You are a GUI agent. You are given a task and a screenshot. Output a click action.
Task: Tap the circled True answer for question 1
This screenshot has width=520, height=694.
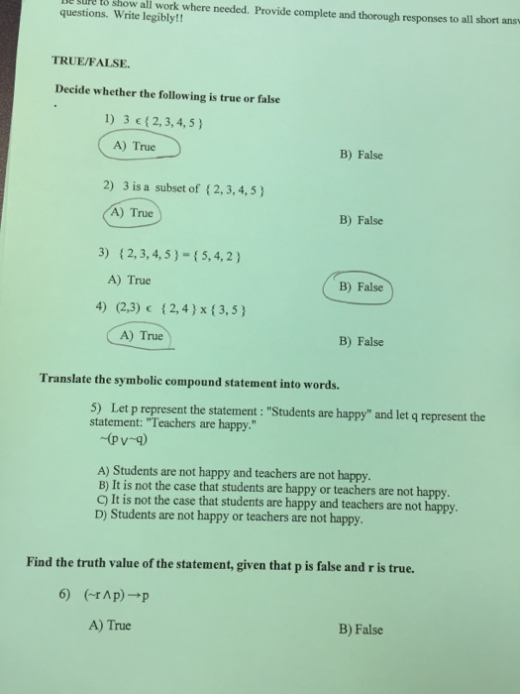click(137, 147)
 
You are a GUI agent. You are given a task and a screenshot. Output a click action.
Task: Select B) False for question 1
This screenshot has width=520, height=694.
click(361, 155)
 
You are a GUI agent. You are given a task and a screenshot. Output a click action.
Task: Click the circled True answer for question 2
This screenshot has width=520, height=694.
click(133, 212)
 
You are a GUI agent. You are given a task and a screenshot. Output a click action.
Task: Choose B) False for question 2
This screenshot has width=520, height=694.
click(361, 220)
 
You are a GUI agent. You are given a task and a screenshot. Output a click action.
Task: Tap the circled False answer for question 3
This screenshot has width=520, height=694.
click(360, 287)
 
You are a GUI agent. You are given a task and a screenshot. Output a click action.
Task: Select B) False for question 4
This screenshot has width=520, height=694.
click(361, 342)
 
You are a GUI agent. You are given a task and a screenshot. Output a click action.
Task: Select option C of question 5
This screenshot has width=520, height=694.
click(278, 505)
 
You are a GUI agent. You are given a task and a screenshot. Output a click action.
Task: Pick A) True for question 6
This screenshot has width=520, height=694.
click(110, 626)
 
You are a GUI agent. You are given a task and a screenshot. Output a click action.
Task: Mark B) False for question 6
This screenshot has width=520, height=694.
click(361, 629)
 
